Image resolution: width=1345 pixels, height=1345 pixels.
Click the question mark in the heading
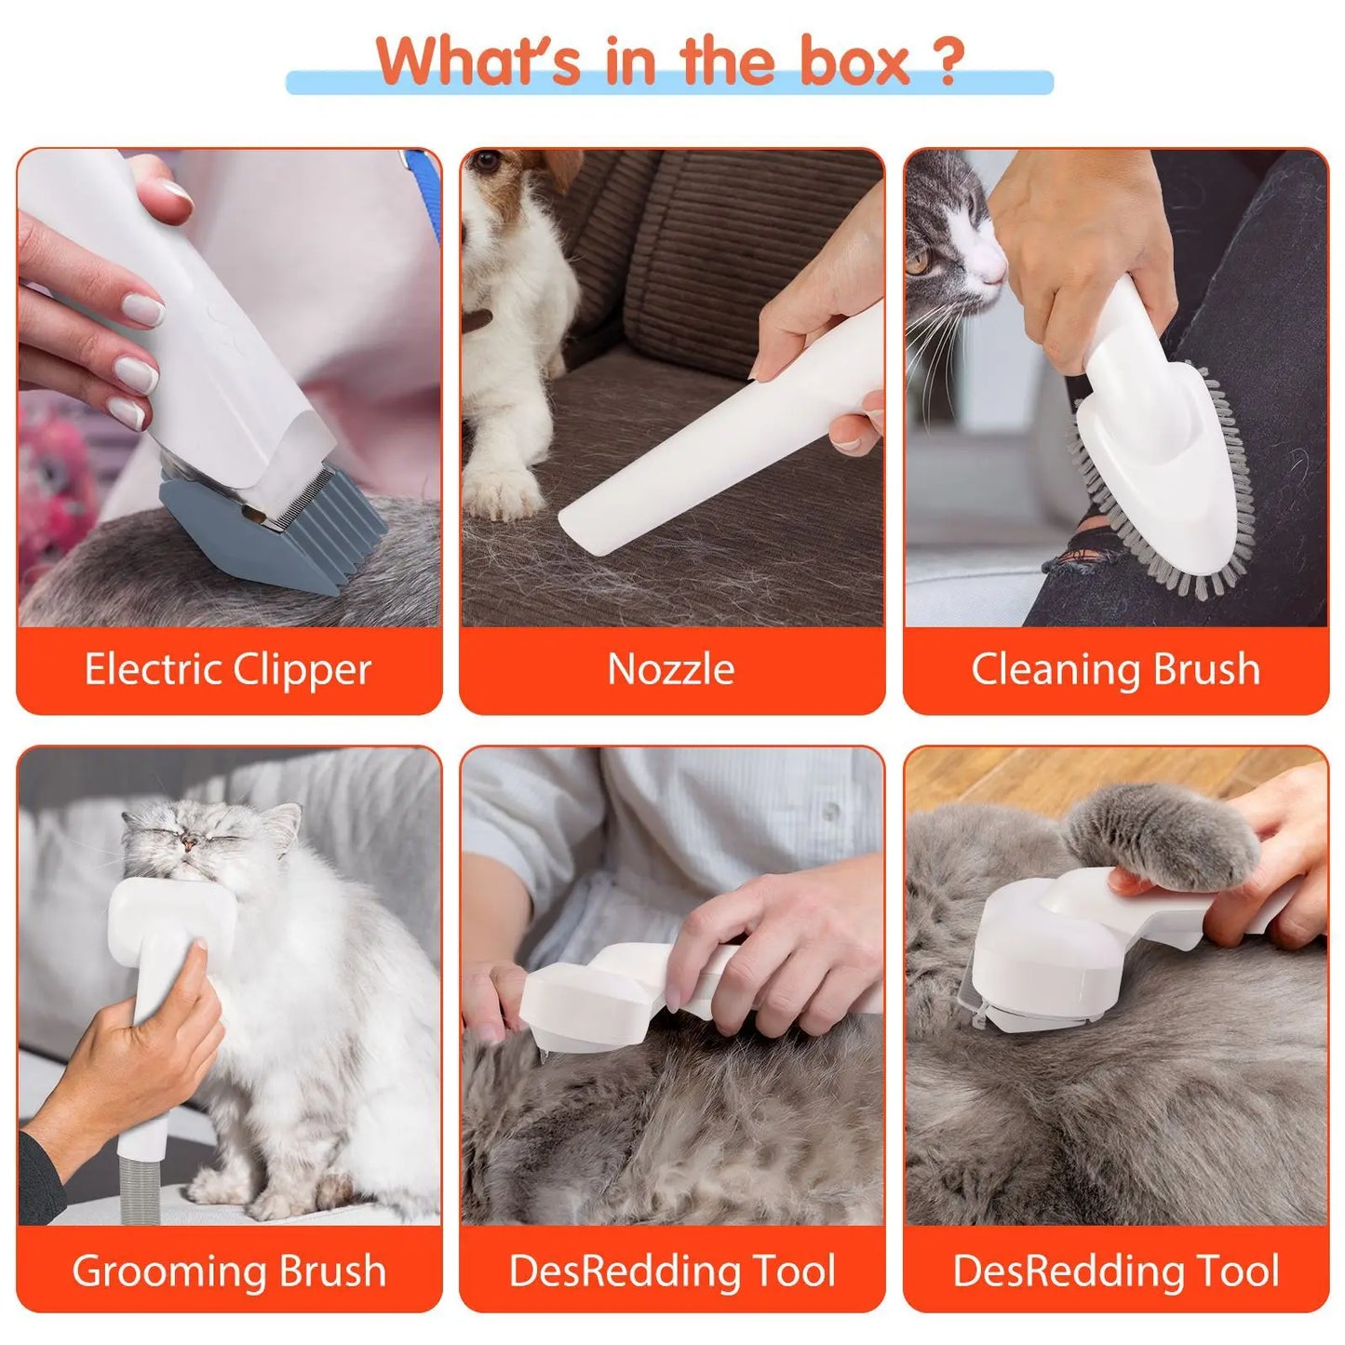click(x=947, y=62)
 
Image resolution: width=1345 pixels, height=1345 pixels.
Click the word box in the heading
click(x=854, y=62)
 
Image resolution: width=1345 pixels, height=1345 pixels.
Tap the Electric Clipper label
click(x=228, y=669)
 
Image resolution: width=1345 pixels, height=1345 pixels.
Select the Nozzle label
click(x=671, y=669)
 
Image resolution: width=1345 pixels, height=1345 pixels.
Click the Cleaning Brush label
click(x=1115, y=669)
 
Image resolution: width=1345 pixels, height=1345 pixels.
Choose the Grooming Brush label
click(x=228, y=1271)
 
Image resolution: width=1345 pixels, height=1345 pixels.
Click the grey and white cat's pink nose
click(x=994, y=270)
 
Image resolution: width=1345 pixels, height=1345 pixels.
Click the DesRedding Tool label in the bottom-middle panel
click(x=671, y=1271)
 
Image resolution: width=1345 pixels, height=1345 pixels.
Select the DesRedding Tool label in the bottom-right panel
click(x=1115, y=1271)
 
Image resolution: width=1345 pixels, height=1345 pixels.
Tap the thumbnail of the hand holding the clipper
click(x=175, y=195)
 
